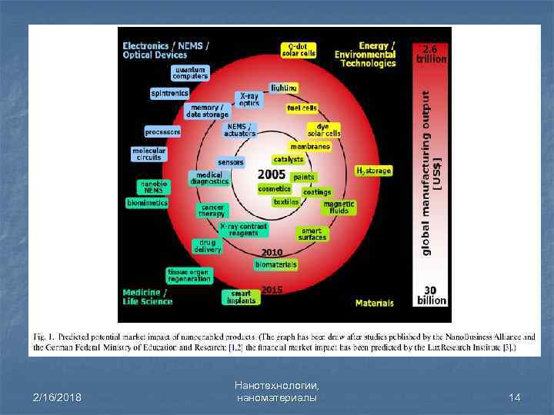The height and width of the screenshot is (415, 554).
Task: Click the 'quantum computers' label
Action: click(190, 73)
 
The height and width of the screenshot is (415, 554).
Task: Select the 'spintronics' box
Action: click(169, 93)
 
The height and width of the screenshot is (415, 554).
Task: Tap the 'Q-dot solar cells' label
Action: click(299, 50)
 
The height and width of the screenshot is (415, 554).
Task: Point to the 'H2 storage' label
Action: click(374, 171)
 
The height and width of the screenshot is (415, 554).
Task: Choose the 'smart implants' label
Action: click(241, 297)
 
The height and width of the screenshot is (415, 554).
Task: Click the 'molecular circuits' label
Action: click(148, 154)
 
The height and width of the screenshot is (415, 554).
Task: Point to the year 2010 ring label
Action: click(272, 252)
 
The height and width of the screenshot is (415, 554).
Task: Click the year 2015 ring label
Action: click(272, 290)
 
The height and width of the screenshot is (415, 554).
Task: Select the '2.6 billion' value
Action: click(432, 54)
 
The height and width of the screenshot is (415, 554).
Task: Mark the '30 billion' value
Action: click(432, 294)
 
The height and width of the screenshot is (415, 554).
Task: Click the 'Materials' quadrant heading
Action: click(375, 304)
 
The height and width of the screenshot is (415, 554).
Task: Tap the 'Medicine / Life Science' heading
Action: click(148, 297)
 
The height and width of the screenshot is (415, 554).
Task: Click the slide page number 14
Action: click(515, 397)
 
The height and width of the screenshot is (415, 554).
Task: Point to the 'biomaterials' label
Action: click(276, 264)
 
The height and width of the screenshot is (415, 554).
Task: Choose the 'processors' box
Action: click(162, 131)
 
